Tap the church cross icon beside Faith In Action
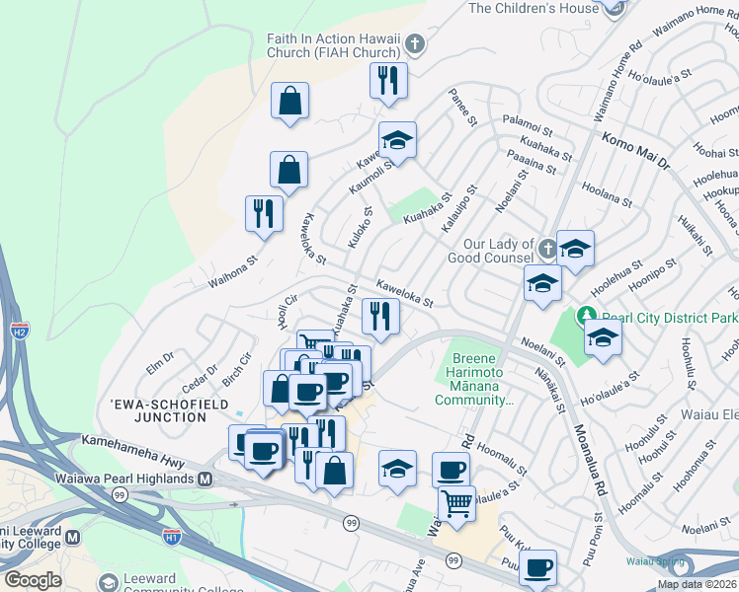(x=415, y=44)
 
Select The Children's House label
(x=534, y=8)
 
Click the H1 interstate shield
(x=172, y=538)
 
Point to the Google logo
(x=33, y=579)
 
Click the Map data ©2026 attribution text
(x=696, y=584)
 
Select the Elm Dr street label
(x=161, y=359)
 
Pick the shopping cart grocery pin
(x=456, y=503)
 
